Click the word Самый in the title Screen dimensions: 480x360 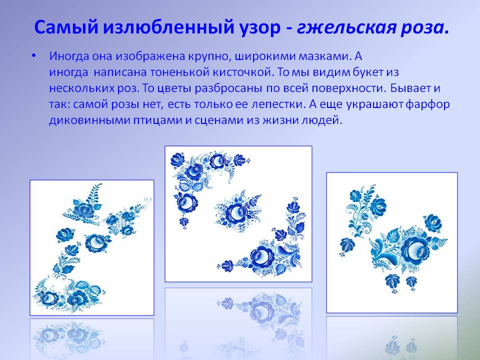pos(66,27)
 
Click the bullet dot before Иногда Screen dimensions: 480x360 pos(33,56)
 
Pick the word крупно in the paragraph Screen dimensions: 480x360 pos(208,56)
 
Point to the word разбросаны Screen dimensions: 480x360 pos(228,88)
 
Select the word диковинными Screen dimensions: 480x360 pos(89,120)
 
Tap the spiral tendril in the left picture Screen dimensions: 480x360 pos(147,200)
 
